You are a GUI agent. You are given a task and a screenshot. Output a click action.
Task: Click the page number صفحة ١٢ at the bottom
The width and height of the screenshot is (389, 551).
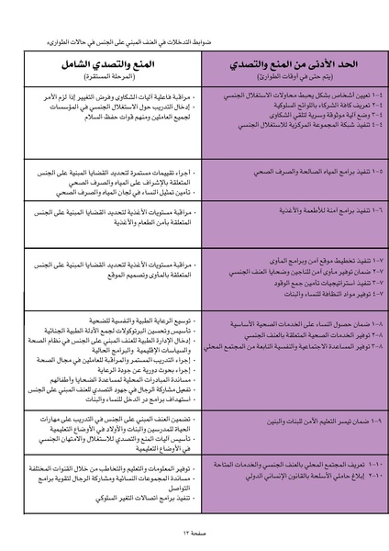(x=194, y=534)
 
